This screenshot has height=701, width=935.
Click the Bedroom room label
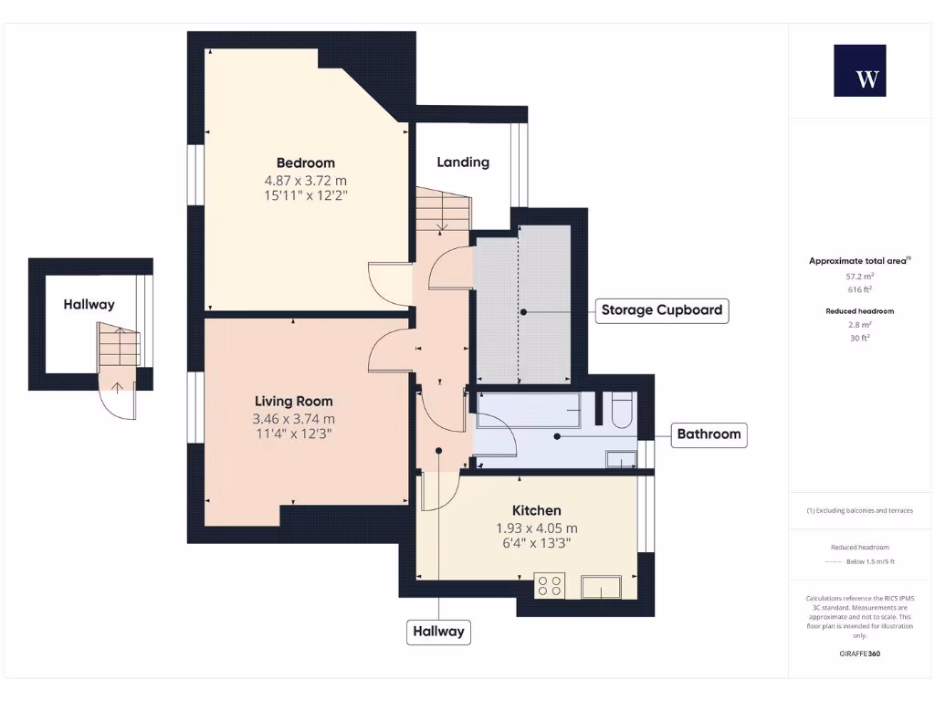click(306, 162)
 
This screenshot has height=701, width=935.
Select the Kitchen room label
click(536, 510)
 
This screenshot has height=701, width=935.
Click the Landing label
click(463, 162)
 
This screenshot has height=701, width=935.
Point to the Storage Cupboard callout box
click(662, 310)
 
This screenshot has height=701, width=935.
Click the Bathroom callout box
click(709, 434)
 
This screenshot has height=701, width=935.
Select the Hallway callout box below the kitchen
click(438, 631)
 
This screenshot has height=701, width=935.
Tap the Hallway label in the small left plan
click(89, 304)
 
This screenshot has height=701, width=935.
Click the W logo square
click(859, 71)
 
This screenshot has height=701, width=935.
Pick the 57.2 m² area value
click(859, 275)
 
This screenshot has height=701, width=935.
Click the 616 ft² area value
click(859, 288)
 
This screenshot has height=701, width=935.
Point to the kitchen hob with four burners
click(550, 585)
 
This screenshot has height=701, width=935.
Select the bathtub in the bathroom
click(529, 411)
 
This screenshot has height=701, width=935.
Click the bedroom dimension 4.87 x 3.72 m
click(306, 180)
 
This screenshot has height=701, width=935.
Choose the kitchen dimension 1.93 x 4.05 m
click(536, 528)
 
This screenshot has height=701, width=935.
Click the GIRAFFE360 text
click(859, 654)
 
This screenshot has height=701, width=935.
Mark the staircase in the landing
click(442, 210)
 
